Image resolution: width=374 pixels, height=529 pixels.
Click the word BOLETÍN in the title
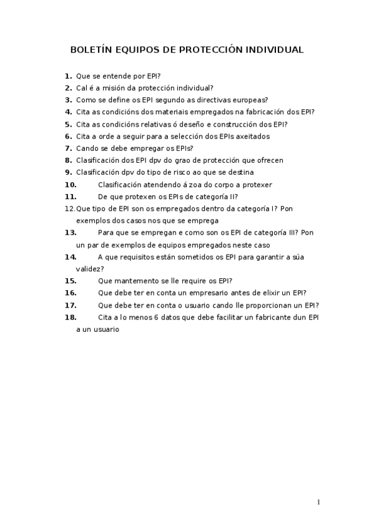pyautogui.click(x=91, y=49)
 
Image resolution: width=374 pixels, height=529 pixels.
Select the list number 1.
pyautogui.click(x=68, y=76)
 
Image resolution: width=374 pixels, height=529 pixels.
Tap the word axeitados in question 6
pyautogui.click(x=252, y=136)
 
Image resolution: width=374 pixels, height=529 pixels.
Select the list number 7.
pyautogui.click(x=68, y=148)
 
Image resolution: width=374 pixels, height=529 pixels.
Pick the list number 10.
pyautogui.click(x=71, y=185)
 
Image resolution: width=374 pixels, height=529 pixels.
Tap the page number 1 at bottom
pyautogui.click(x=318, y=503)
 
